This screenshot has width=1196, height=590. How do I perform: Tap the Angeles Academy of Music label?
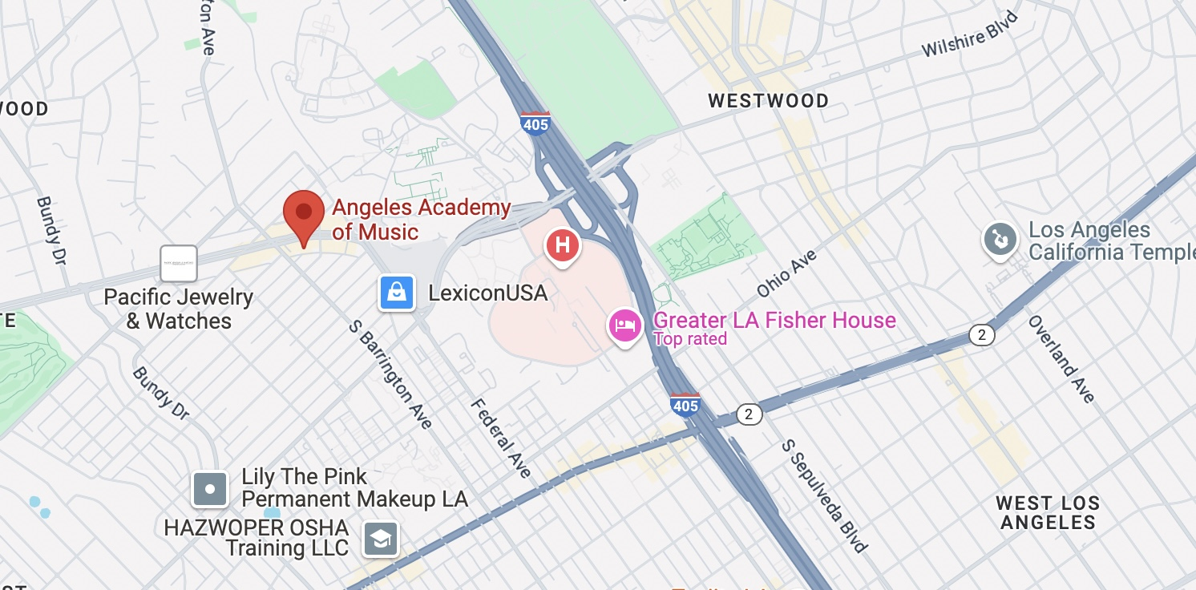(x=421, y=220)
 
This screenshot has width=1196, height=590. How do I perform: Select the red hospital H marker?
(x=563, y=244)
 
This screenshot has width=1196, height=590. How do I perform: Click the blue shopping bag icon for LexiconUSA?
(x=397, y=293)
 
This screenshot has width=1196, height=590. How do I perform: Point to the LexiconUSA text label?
(x=487, y=293)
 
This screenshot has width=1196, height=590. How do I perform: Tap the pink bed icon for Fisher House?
(x=625, y=325)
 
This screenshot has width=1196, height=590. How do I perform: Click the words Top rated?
(x=689, y=339)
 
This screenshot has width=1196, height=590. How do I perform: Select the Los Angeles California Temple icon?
(x=1000, y=240)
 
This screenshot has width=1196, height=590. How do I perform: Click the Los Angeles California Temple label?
(x=1111, y=241)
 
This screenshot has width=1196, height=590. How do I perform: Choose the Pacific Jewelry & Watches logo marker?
(x=179, y=264)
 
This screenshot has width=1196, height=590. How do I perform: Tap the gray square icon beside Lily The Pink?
(x=210, y=488)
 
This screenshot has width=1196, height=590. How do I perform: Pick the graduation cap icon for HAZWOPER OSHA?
(x=381, y=539)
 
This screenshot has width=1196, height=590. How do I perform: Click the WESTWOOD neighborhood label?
(x=768, y=101)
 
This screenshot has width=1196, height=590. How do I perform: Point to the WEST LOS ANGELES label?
(x=1047, y=513)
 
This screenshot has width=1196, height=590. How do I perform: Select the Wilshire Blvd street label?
(x=969, y=35)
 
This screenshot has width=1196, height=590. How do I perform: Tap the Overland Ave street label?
(x=1061, y=358)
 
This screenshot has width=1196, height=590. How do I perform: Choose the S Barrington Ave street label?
(x=391, y=374)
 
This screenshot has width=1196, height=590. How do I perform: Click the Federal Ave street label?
(x=500, y=437)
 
